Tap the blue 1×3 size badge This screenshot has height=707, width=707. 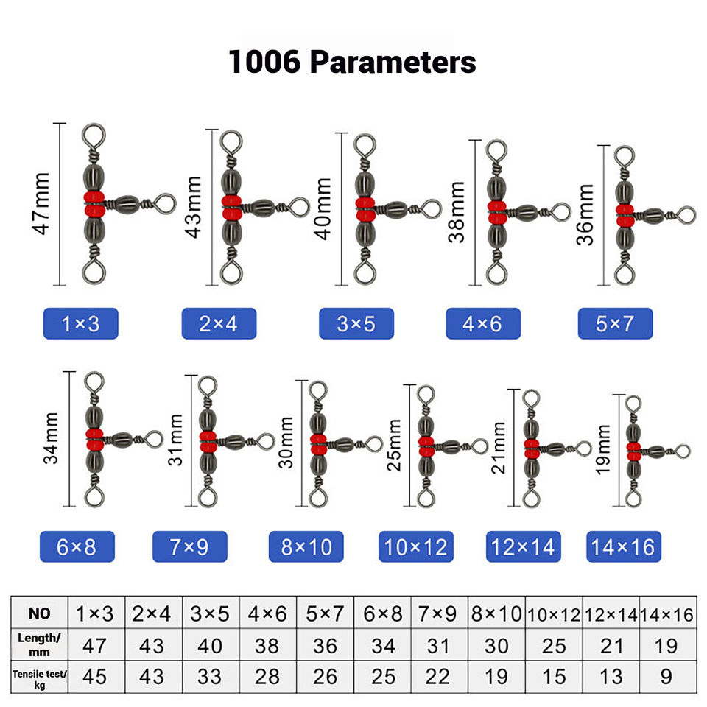[x=81, y=323]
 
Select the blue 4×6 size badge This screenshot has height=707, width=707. [x=483, y=323]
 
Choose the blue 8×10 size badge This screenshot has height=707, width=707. [x=306, y=546]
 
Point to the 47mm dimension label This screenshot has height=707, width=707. [x=42, y=204]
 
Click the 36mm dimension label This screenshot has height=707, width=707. [x=586, y=214]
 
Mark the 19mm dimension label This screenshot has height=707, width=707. [x=604, y=449]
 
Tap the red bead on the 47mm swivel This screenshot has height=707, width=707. [x=94, y=199]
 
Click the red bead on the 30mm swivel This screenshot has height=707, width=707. [x=318, y=442]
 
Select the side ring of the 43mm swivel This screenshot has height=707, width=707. [x=298, y=207]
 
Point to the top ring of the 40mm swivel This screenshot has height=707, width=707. [x=362, y=144]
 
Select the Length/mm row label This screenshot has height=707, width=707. [x=40, y=644]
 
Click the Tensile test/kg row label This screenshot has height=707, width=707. [x=40, y=676]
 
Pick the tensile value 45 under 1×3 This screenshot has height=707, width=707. [x=96, y=676]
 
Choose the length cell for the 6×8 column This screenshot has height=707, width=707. [x=381, y=645]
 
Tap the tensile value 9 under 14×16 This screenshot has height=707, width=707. [x=666, y=676]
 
